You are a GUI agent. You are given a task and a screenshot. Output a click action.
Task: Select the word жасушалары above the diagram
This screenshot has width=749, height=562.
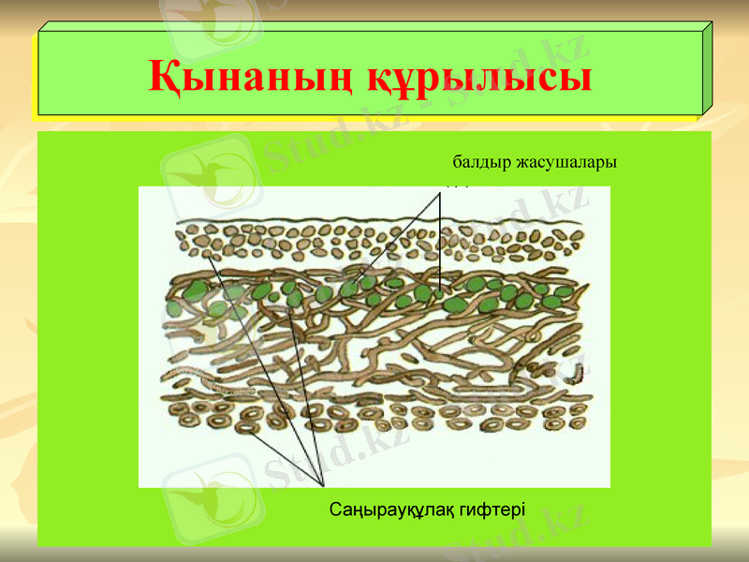pyautogui.click(x=567, y=162)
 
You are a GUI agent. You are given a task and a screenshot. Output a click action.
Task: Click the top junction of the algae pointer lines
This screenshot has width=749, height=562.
pyautogui.click(x=439, y=193)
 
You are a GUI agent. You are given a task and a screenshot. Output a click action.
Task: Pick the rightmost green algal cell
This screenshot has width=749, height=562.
pyautogui.click(x=565, y=291)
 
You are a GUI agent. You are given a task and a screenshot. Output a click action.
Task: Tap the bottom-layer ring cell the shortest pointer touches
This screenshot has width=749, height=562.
pyautogui.click(x=246, y=427)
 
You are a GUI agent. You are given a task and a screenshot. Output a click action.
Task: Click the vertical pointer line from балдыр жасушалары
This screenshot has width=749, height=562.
pyautogui.click(x=439, y=244)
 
